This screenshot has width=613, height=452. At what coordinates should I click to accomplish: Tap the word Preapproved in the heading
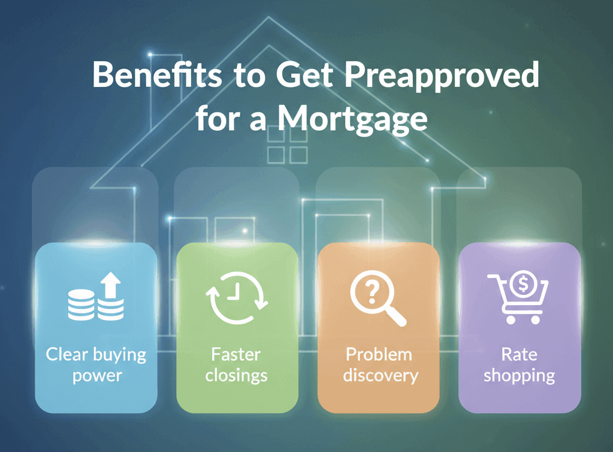coord(442,76)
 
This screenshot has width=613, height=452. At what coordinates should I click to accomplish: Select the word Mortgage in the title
coord(352,119)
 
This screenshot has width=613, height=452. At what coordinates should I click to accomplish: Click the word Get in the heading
coord(304,74)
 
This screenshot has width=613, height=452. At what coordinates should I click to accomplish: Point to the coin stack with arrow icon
coord(96,297)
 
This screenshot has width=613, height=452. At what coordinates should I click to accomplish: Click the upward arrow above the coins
coord(111,285)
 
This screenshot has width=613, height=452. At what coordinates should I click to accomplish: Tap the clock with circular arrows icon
coord(237,298)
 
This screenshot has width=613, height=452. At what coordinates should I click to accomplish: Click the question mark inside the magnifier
coord(372,293)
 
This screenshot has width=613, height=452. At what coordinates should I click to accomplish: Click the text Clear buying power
coord(96,365)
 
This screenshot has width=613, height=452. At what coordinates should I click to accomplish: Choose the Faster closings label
coord(236,365)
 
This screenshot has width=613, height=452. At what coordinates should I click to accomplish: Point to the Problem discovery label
coord(380,365)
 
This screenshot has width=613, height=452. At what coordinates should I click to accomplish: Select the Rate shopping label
coord(519,365)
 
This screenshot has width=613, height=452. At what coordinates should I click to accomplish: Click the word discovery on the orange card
coord(381,375)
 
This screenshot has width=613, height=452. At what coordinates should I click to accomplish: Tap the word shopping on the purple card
coord(519,376)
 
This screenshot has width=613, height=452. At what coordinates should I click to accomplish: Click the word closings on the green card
coord(236,375)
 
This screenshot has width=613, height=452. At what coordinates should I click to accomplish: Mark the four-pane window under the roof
coord(288,145)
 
